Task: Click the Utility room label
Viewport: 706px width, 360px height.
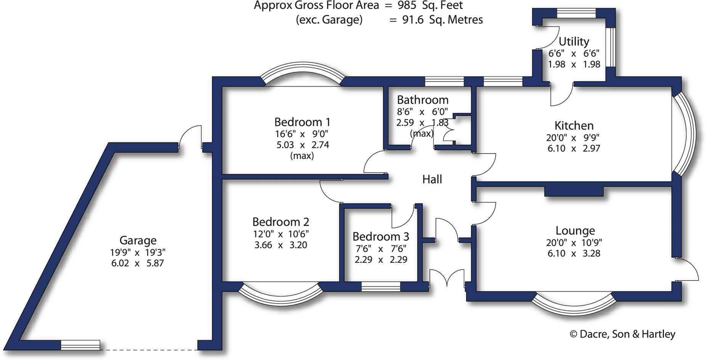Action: coord(574,41)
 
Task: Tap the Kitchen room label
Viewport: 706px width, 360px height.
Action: coord(574,125)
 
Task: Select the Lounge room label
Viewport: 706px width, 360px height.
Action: coord(575,230)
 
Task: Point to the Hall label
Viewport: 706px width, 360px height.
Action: coord(432,179)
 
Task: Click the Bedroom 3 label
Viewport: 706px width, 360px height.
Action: coord(380,237)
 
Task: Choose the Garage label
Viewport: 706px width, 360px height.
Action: coord(138,240)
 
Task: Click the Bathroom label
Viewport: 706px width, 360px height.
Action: coord(422,100)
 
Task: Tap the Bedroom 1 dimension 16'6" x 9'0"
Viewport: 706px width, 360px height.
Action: coord(302,134)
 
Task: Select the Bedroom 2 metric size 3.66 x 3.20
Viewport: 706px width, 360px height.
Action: coord(281,245)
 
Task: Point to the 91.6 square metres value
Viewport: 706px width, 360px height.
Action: coord(413,20)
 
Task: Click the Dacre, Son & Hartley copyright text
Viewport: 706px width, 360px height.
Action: coord(623,334)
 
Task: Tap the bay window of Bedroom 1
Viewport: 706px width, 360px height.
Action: coord(303,72)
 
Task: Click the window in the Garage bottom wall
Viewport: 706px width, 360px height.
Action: coord(80,345)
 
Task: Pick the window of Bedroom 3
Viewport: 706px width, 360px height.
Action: coord(380,286)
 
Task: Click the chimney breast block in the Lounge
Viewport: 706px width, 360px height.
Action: coord(574,191)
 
